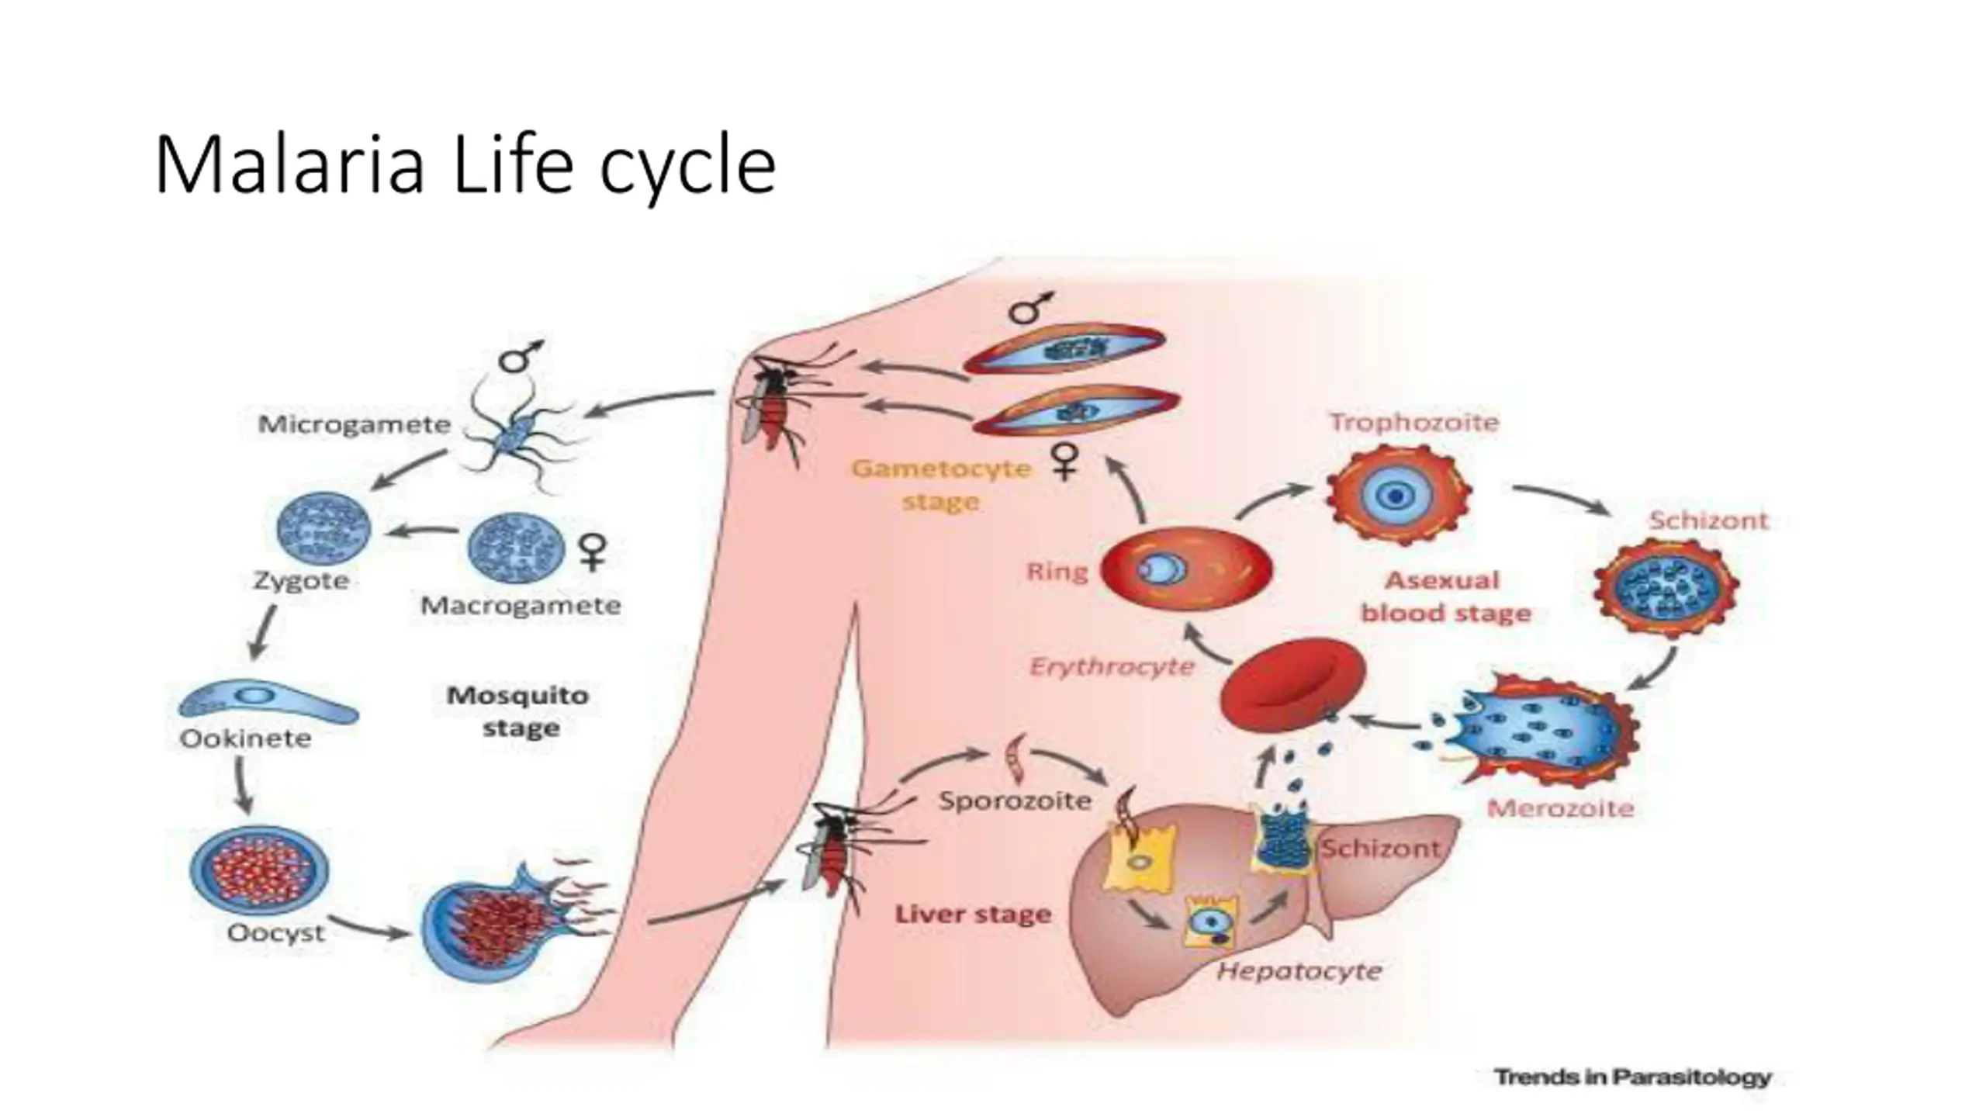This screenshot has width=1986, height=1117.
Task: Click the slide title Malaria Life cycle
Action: pyautogui.click(x=465, y=166)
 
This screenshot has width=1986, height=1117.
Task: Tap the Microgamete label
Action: pyautogui.click(x=354, y=424)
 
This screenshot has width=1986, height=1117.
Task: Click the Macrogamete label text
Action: pyautogui.click(x=521, y=606)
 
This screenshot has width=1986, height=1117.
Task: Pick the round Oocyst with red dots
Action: pyautogui.click(x=259, y=869)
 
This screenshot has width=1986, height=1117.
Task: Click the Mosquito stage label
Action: pyautogui.click(x=518, y=711)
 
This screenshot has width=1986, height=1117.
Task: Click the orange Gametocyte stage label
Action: pyautogui.click(x=941, y=485)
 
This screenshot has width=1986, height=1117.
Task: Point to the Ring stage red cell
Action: pyautogui.click(x=1187, y=569)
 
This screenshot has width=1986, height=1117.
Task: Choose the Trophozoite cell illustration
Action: pyautogui.click(x=1398, y=494)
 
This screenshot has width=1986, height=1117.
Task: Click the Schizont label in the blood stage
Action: pyautogui.click(x=1708, y=520)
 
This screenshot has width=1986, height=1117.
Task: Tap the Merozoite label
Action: pyautogui.click(x=1560, y=809)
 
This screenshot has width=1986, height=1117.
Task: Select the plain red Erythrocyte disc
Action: pyautogui.click(x=1292, y=683)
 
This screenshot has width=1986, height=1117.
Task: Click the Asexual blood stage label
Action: pyautogui.click(x=1445, y=597)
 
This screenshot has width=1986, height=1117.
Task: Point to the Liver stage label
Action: pyautogui.click(x=973, y=915)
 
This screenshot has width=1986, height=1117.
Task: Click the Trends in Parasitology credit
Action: pyautogui.click(x=1633, y=1077)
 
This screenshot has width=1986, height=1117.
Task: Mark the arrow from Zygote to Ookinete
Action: pyautogui.click(x=264, y=631)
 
